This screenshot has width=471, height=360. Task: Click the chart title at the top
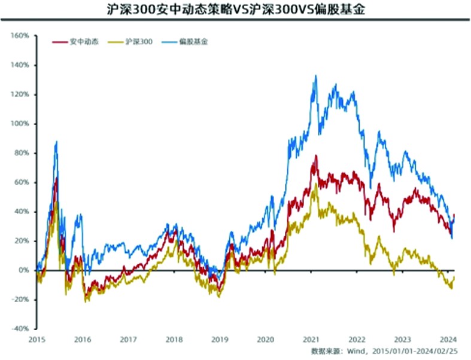[235, 10]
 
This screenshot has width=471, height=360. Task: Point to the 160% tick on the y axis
[19, 36]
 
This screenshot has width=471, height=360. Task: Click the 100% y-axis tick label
[19, 124]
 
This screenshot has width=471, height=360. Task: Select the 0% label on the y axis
[23, 270]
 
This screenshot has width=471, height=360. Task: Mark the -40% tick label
[19, 329]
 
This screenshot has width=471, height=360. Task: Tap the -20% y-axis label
[19, 300]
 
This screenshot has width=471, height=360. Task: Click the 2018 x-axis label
[174, 339]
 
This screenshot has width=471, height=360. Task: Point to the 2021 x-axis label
[311, 339]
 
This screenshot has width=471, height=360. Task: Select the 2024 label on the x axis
[448, 339]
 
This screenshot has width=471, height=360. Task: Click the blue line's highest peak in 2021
[315, 76]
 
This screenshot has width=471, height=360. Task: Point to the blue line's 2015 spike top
[56, 142]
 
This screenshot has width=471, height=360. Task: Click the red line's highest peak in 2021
[316, 156]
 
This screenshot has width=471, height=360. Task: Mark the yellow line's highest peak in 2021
[317, 184]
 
